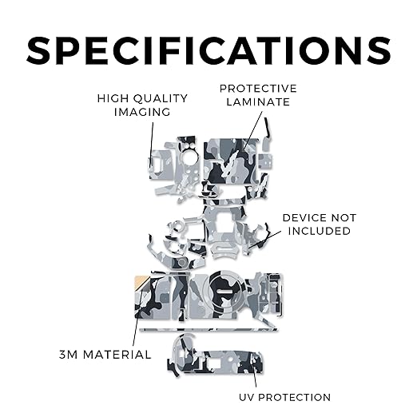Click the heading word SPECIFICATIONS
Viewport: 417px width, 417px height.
[x=208, y=50]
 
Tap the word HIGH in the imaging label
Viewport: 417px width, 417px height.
[x=109, y=98]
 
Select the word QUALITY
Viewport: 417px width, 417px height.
[x=161, y=99]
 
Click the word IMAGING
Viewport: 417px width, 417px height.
[x=142, y=112]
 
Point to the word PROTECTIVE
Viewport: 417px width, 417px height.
[x=258, y=89]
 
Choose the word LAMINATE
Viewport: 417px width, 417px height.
[x=258, y=102]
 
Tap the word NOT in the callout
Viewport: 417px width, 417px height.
[x=343, y=218]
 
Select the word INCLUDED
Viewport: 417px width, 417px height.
[x=320, y=231]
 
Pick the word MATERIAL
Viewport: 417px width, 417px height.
[x=118, y=355]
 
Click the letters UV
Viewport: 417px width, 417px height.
[x=246, y=397]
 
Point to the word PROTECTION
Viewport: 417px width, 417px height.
[x=295, y=397]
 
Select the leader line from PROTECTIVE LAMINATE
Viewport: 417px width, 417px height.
[x=253, y=129]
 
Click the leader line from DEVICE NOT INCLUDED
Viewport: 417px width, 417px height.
[x=264, y=240]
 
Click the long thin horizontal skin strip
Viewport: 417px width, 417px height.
[x=208, y=330]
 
